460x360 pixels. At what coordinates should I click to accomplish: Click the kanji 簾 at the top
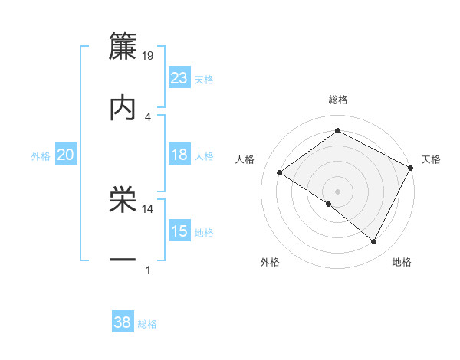(x=123, y=46)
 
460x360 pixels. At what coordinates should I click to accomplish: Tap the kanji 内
(x=123, y=108)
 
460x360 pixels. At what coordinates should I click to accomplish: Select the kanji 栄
(x=123, y=201)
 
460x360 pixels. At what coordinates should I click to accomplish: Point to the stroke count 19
(x=149, y=55)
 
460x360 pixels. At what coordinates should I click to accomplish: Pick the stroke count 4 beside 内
(x=147, y=116)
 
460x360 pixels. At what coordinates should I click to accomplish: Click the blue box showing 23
(x=179, y=77)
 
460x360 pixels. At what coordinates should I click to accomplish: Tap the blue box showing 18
(x=179, y=155)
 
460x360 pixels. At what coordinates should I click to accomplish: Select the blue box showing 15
(x=179, y=231)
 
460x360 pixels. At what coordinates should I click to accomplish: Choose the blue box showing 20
(x=66, y=155)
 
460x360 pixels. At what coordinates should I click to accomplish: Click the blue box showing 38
(x=123, y=322)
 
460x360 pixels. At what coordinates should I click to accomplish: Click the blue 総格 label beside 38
(x=148, y=324)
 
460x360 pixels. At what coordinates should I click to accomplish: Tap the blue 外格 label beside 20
(x=41, y=156)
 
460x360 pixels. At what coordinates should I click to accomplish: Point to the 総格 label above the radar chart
(x=338, y=100)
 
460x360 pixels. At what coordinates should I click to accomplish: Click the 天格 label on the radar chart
(x=431, y=159)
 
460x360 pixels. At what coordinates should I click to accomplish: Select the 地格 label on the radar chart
(x=402, y=263)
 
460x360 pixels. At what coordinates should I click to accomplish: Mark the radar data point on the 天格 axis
(x=411, y=167)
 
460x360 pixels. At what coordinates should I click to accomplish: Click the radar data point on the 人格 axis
(x=280, y=172)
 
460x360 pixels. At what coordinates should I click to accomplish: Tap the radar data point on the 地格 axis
(x=374, y=241)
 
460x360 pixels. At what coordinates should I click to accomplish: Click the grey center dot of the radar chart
(x=338, y=191)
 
